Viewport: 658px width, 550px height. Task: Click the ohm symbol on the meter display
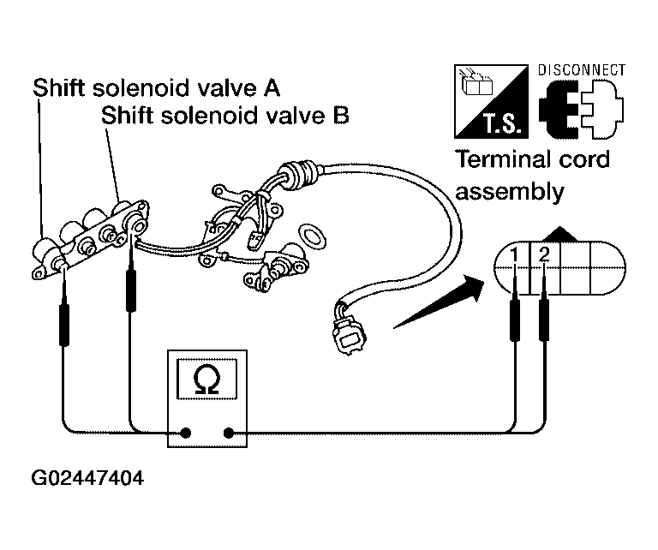[206, 380]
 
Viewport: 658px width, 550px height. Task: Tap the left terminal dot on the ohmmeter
[185, 433]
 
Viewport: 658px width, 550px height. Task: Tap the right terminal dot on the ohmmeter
[229, 433]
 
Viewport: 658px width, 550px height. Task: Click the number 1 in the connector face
[514, 255]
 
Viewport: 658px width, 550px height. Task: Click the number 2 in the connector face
[544, 255]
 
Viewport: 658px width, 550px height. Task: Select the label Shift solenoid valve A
[156, 87]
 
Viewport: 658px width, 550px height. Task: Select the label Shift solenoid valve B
[225, 115]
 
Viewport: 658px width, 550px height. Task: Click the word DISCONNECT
[582, 70]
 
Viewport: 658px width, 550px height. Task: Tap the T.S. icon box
[491, 101]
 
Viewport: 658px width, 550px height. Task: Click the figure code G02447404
[87, 478]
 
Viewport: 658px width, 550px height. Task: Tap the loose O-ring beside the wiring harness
[313, 236]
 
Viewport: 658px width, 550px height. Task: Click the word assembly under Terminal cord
[510, 192]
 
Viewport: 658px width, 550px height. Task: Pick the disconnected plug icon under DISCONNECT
[581, 109]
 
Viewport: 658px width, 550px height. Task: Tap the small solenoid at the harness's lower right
[277, 267]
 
